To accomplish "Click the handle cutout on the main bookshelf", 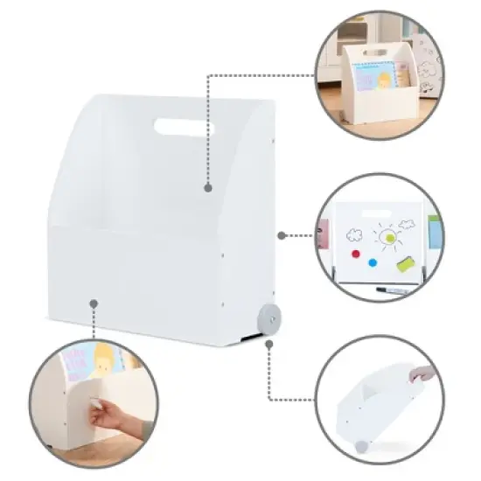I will [x=184, y=128].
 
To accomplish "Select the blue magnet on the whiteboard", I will [x=373, y=261].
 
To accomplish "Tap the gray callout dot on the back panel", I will [x=208, y=187].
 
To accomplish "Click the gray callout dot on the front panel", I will [x=94, y=303].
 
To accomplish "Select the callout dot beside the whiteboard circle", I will [x=281, y=235].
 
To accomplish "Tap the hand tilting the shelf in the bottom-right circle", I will [x=425, y=373].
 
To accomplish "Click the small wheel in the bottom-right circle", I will [x=360, y=445].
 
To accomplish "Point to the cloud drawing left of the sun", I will [x=353, y=234].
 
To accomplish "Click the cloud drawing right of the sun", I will [x=407, y=224].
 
